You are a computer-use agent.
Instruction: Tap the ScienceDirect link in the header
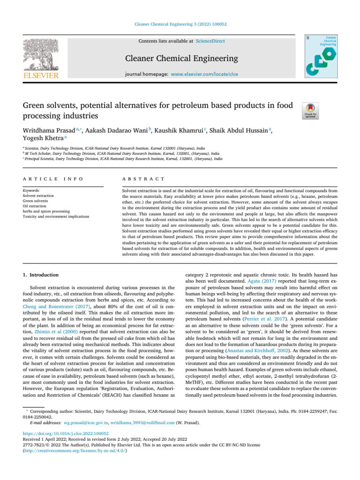coord(210,41)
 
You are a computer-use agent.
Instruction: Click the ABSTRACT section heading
coord(143,179)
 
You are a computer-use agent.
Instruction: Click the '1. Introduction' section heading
coord(41,274)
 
